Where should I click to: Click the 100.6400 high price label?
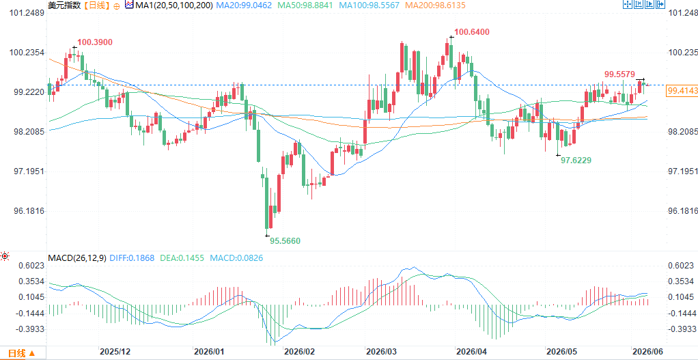tap(472, 31)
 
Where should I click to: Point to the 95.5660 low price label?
tap(285, 241)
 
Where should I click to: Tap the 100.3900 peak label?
tap(95, 42)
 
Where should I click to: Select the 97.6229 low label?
tap(576, 161)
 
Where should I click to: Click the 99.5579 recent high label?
tap(619, 74)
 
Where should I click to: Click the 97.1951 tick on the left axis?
tap(26, 171)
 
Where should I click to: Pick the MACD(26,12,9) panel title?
tap(77, 258)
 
